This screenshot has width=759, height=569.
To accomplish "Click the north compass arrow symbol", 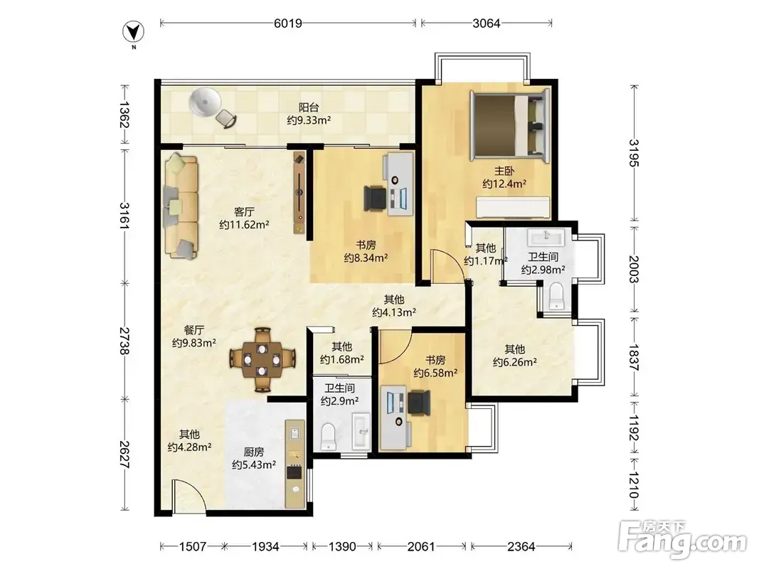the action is [x=133, y=33].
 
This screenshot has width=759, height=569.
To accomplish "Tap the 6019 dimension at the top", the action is [x=288, y=23].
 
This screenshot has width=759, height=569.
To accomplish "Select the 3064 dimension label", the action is [x=486, y=23].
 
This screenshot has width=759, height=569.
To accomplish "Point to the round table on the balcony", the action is [x=205, y=102].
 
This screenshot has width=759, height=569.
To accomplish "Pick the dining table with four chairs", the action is [x=262, y=359].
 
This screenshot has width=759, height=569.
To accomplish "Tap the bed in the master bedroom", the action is [x=511, y=125].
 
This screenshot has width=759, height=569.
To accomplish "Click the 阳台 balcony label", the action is [x=309, y=107].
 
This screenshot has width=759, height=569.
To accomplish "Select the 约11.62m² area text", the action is [x=244, y=225].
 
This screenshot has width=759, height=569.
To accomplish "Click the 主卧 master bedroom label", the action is [x=504, y=171].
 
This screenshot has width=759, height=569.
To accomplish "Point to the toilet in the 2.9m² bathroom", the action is [x=328, y=437].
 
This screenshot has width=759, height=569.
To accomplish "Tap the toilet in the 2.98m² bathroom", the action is [x=557, y=296].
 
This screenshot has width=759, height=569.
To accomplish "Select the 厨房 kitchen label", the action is [x=254, y=452].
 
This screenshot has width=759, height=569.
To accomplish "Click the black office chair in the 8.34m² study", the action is [x=375, y=198].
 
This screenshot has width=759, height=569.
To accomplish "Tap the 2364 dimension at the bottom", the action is [x=521, y=547].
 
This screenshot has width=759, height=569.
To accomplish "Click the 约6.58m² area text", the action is [x=435, y=373].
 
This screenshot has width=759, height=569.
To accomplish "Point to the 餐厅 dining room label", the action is [x=193, y=330].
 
